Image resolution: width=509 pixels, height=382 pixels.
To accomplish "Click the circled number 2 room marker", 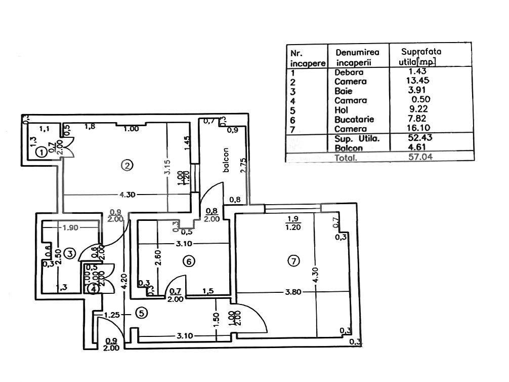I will pyautogui.click(x=128, y=165).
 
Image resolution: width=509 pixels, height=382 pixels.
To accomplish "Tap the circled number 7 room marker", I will pyautogui.click(x=293, y=261).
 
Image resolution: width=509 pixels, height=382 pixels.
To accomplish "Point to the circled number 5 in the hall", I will pyautogui.click(x=142, y=314).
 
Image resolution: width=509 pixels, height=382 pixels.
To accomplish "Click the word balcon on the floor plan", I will pyautogui.click(x=226, y=161).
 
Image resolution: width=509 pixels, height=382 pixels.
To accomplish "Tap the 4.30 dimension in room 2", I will pyautogui.click(x=128, y=195).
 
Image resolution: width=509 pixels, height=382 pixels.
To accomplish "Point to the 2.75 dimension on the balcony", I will pyautogui.click(x=243, y=167).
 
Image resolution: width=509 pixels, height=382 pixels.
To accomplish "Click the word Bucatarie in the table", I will pyautogui.click(x=354, y=120).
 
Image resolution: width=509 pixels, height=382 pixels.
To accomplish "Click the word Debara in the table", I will pyautogui.click(x=349, y=72).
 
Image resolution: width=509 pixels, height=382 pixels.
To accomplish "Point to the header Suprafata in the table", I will pyautogui.click(x=421, y=51).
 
